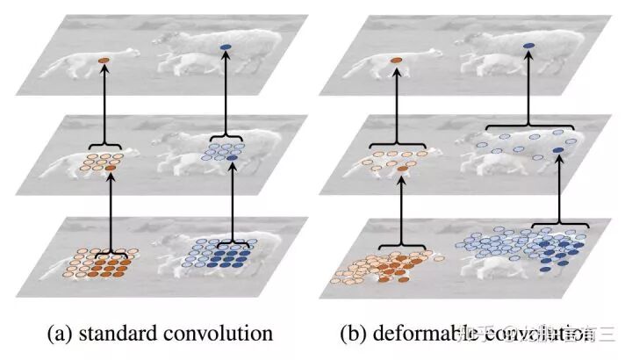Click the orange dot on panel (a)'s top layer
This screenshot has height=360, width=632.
104,61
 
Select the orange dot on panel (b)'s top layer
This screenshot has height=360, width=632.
396,61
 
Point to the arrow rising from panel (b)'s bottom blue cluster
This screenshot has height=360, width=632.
558,189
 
